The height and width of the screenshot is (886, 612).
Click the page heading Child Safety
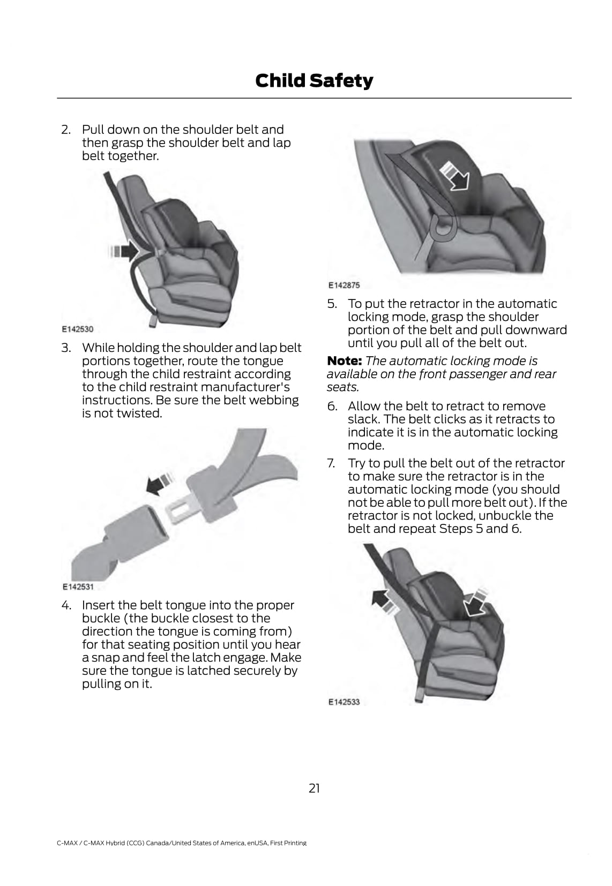click(x=314, y=80)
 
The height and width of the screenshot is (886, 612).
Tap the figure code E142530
click(x=77, y=329)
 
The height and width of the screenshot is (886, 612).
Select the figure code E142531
click(x=78, y=587)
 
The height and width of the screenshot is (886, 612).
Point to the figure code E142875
click(x=344, y=286)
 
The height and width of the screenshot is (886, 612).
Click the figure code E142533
click(x=344, y=702)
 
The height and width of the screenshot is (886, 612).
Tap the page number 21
click(x=314, y=788)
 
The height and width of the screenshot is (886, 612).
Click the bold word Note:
click(x=345, y=361)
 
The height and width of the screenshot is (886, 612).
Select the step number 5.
click(x=332, y=304)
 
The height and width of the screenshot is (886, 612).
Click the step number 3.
click(x=66, y=348)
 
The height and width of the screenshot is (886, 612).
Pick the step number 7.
click(x=332, y=463)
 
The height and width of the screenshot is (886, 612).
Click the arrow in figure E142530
click(x=124, y=251)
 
